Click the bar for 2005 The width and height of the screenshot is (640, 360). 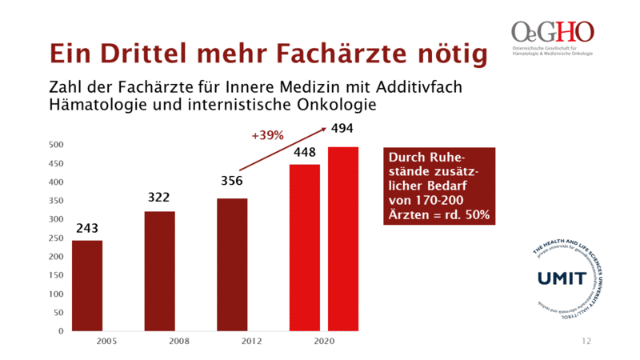coord(87,285)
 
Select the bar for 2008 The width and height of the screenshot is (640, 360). coord(159,270)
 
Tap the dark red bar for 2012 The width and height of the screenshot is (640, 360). coord(232,264)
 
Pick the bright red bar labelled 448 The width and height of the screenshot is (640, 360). coord(304,247)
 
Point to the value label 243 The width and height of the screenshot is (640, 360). coord(87,229)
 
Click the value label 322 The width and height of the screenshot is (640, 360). coord(159,197)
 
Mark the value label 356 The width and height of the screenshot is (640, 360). coord(232,181)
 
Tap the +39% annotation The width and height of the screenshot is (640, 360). coord(268,136)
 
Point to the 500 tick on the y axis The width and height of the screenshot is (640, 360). coord(56,145)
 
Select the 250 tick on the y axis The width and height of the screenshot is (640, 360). coord(56,238)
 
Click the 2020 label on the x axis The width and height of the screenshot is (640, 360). coord(324,342)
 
